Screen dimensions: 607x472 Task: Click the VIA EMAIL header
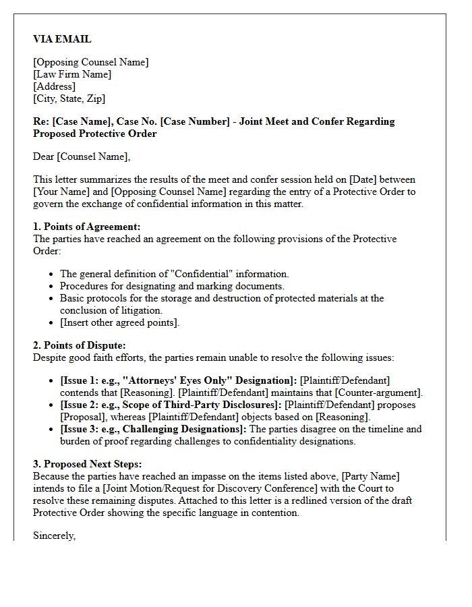(62, 39)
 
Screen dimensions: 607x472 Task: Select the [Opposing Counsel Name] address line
(90, 62)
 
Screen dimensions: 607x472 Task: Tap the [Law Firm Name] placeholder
(72, 74)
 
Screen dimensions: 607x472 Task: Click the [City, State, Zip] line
(69, 98)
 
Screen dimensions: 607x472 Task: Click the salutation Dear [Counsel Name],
(82, 156)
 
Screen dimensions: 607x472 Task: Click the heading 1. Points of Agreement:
(86, 227)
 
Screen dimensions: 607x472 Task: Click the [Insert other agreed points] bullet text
(120, 322)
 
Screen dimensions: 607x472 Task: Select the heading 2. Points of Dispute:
(80, 345)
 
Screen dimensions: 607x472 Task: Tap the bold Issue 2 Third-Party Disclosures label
(171, 405)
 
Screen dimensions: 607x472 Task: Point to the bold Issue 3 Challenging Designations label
(154, 429)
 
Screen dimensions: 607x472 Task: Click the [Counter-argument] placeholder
(379, 393)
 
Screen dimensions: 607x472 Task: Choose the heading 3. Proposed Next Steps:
(87, 464)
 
